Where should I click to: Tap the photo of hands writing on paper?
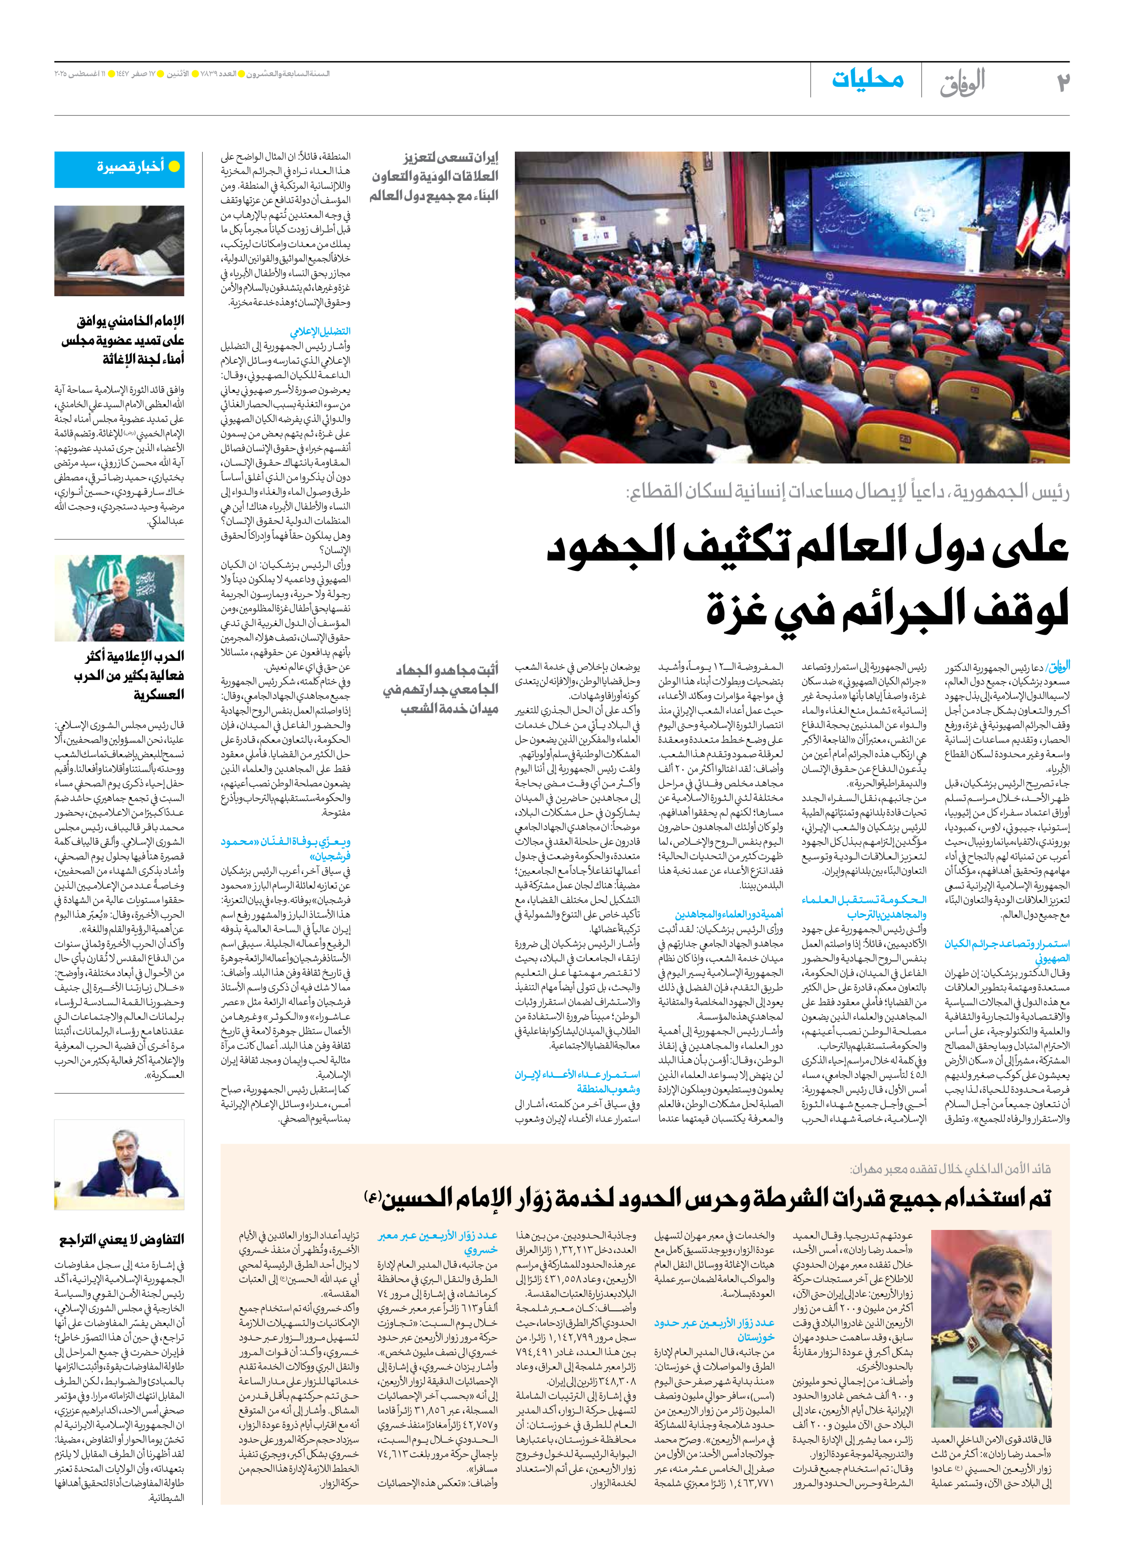120,251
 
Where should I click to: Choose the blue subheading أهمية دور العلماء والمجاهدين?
729,914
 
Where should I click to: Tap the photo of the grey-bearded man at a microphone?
120,1164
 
